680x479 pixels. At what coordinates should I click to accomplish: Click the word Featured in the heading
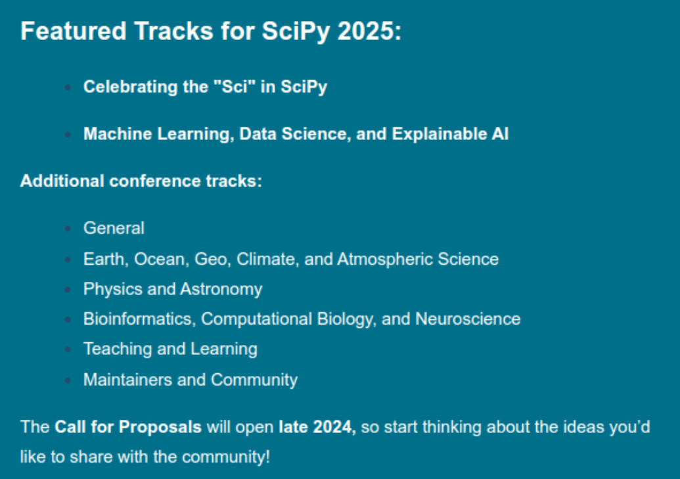pyautogui.click(x=74, y=32)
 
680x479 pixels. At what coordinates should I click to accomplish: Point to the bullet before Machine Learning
pyautogui.click(x=68, y=135)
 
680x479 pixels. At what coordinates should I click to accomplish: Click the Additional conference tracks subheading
pyautogui.click(x=141, y=181)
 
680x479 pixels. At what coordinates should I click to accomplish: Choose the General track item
pyautogui.click(x=114, y=228)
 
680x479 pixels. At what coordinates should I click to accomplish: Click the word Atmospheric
pyautogui.click(x=384, y=259)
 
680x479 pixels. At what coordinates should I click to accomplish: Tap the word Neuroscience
pyautogui.click(x=468, y=319)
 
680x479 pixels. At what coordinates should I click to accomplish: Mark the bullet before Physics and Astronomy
pyautogui.click(x=68, y=290)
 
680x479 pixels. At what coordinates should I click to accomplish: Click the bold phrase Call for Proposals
pyautogui.click(x=128, y=427)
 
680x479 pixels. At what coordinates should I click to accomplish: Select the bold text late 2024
pyautogui.click(x=317, y=427)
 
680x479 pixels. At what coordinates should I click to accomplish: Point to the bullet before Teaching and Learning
pyautogui.click(x=68, y=350)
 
